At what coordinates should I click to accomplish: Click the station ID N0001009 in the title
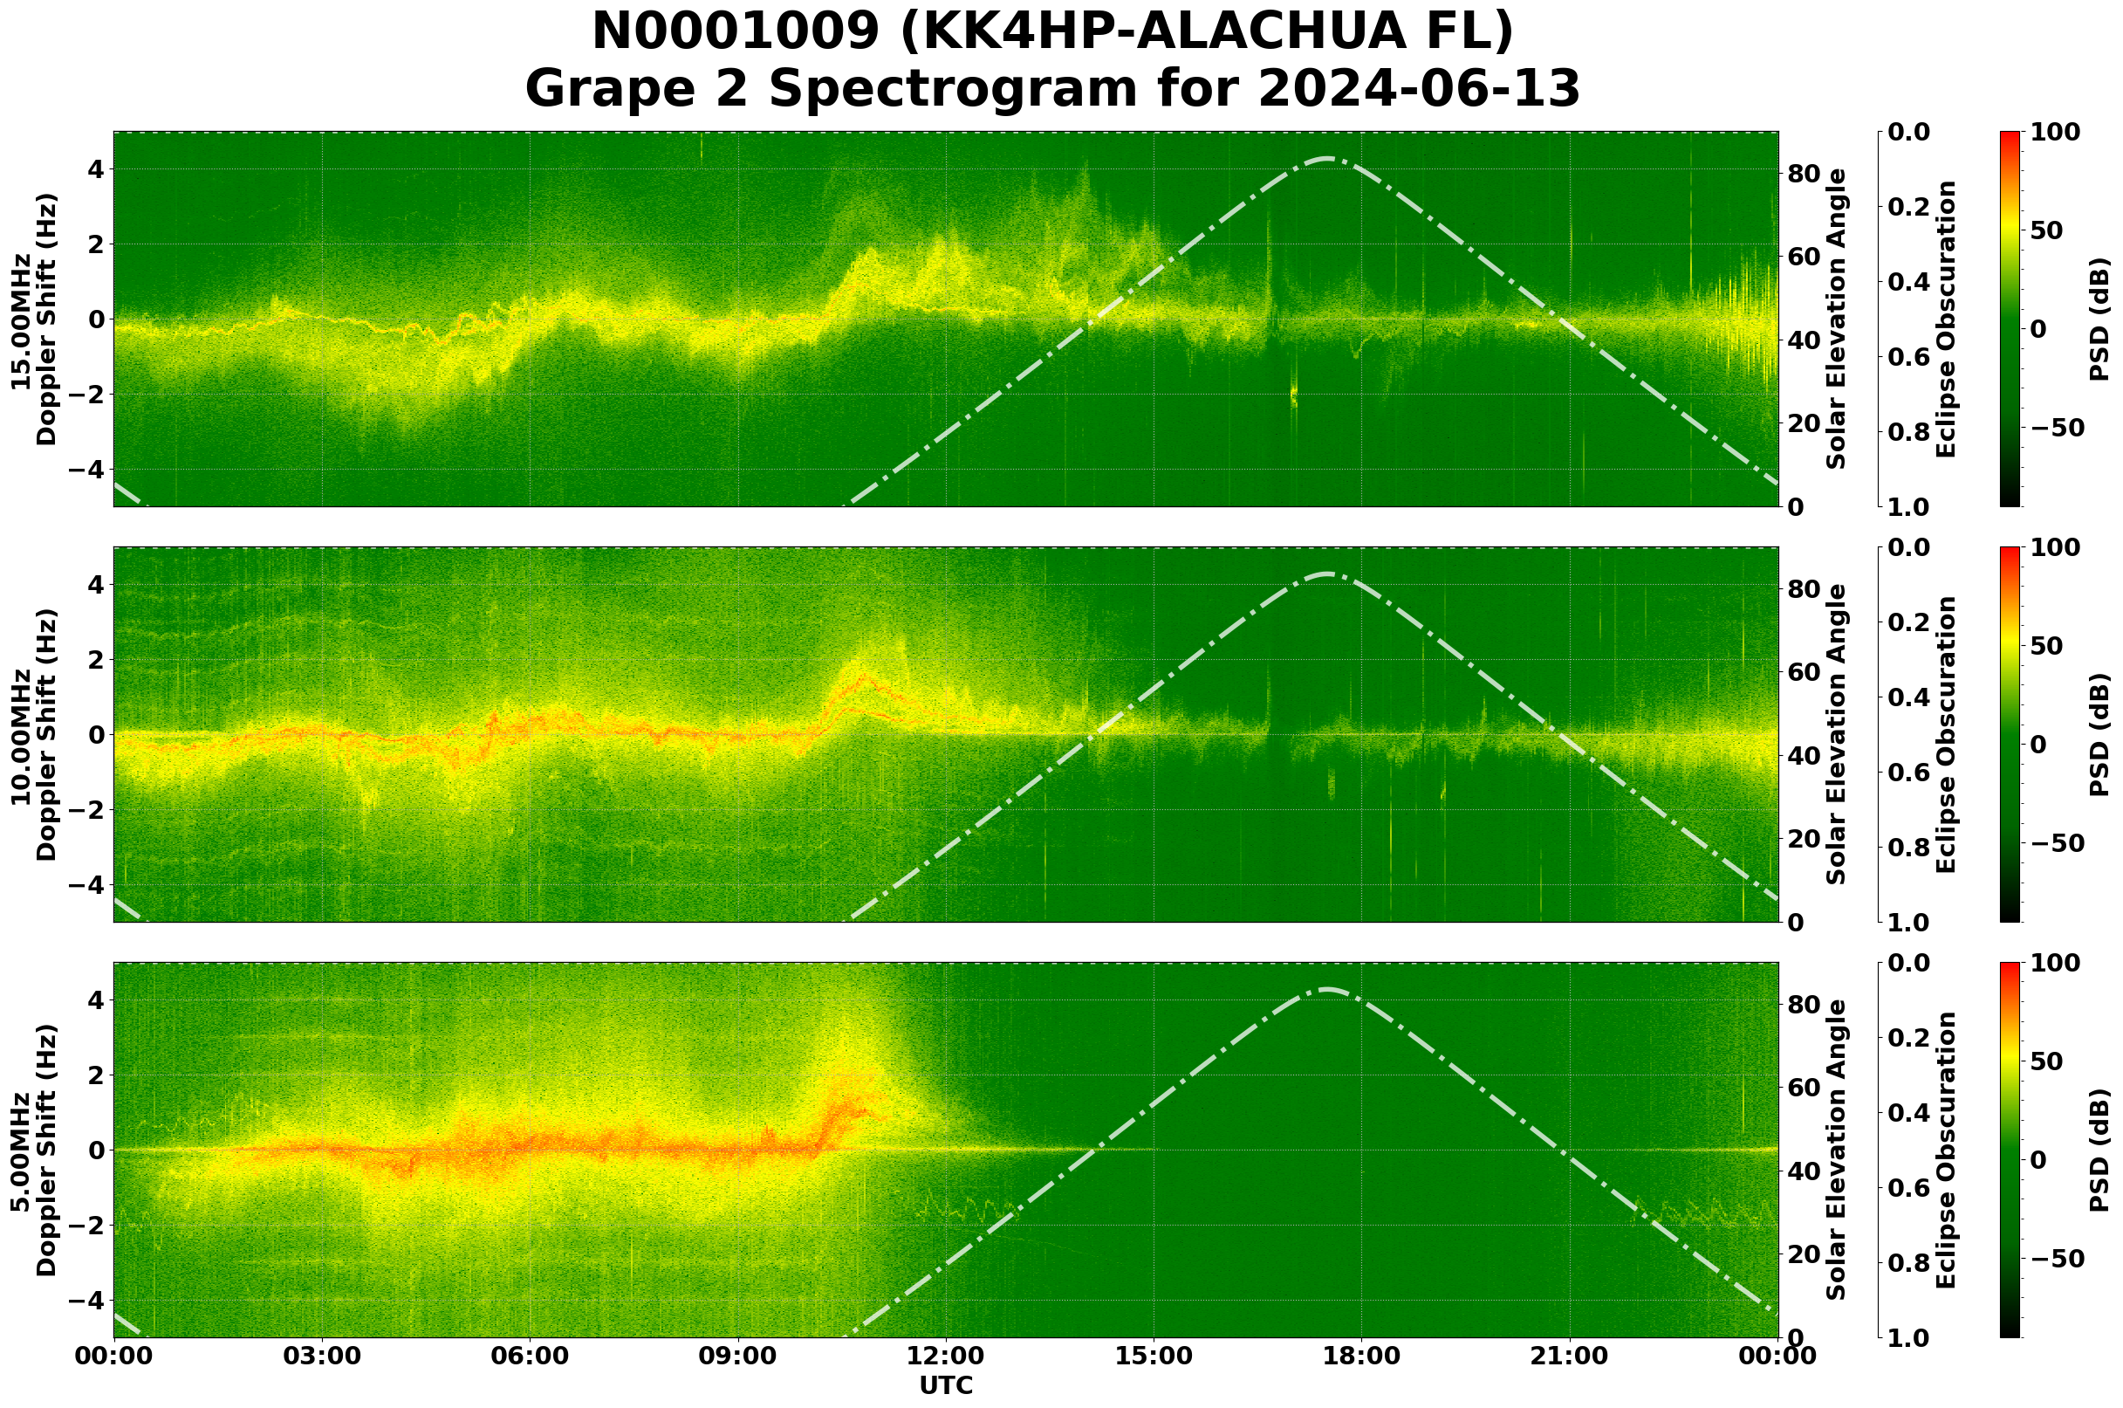tap(737, 33)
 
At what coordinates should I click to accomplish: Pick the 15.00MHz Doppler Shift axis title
tap(34, 319)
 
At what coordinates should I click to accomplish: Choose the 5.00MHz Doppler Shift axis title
tap(34, 1150)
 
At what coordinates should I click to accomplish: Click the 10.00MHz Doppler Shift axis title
tap(34, 734)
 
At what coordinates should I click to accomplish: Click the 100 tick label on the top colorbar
tap(2055, 132)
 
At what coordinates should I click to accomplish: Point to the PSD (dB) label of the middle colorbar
tap(2099, 734)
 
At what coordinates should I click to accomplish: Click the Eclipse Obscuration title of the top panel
tap(1945, 319)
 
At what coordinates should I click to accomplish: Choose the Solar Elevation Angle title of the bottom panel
tap(1837, 1150)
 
